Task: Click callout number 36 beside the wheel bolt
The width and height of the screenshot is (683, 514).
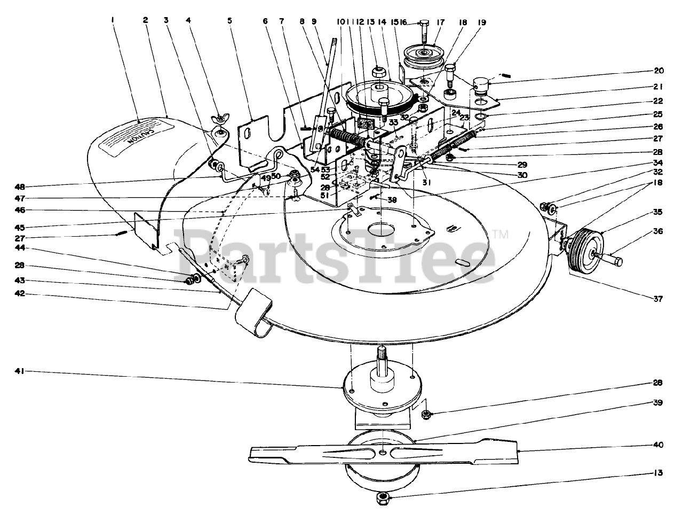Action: [x=657, y=231]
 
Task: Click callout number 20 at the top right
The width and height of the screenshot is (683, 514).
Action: [x=657, y=71]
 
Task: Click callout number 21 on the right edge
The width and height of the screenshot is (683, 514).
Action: [x=657, y=85]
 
